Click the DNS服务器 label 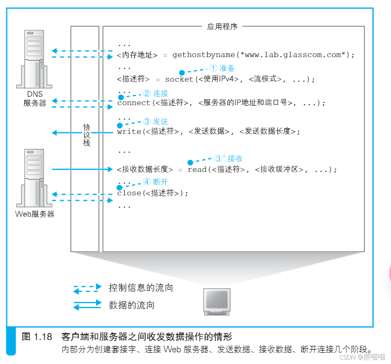34,99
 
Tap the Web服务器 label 34,214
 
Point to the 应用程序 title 221,26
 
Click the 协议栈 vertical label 86,136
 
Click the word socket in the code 179,79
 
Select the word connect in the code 134,102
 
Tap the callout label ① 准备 221,68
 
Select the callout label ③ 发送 156,122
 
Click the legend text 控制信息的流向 141,288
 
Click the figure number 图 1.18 37,337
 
